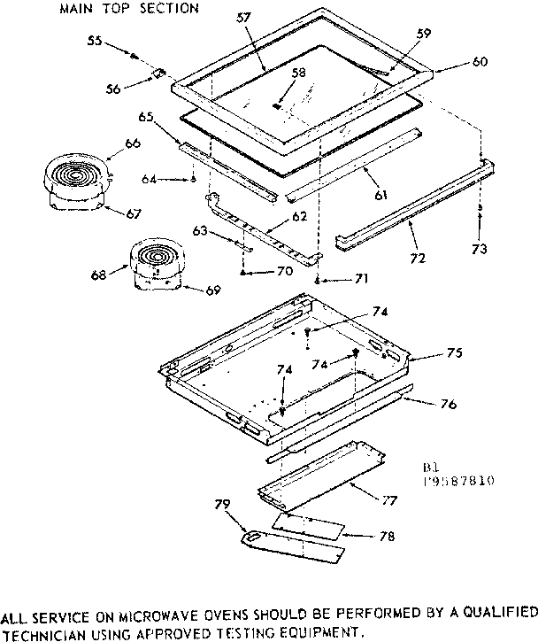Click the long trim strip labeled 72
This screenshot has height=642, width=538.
[x=407, y=209]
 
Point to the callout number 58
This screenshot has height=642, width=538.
[x=298, y=73]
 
